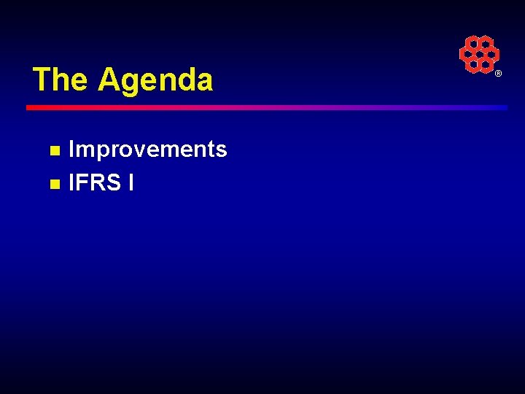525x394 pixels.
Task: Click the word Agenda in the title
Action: click(155, 80)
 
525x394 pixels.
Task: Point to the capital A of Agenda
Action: click(109, 80)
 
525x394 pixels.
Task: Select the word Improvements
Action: click(147, 150)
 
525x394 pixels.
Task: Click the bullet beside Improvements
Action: click(53, 151)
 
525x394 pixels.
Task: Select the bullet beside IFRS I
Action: click(53, 184)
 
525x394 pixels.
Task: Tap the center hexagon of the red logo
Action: click(479, 55)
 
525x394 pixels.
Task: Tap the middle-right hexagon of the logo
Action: click(492, 55)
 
